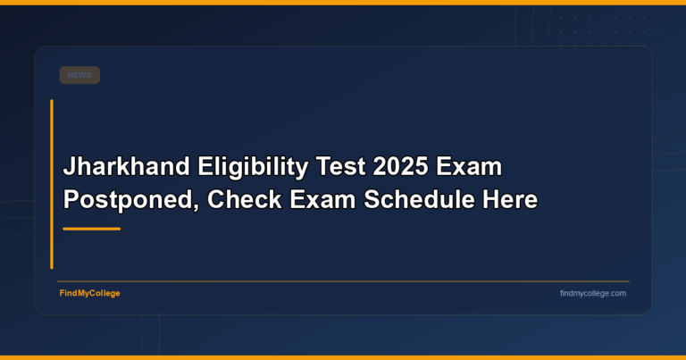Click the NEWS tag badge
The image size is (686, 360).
(79, 75)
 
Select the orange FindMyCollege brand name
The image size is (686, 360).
(89, 293)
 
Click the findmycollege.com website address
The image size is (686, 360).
(593, 293)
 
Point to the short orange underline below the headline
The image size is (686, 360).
(91, 229)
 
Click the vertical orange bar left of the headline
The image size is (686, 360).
(52, 183)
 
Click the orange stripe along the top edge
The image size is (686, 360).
(343, 2)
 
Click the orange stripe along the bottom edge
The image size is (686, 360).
(343, 357)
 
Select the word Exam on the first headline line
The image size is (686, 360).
(473, 167)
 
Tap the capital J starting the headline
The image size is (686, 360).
(69, 167)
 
